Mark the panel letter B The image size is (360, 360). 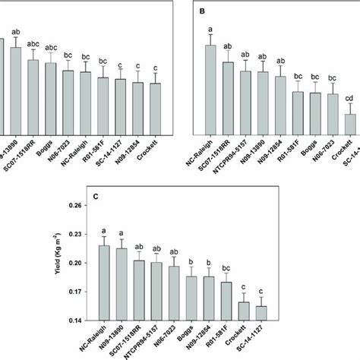coord(201,12)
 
